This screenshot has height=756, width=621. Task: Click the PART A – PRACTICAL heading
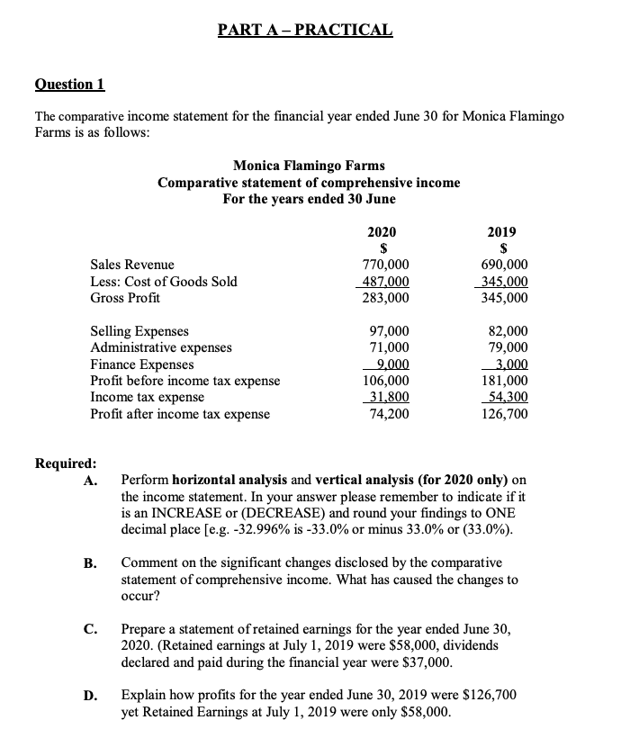(x=305, y=29)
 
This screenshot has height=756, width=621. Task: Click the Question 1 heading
(x=69, y=85)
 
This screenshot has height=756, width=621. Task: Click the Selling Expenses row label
(x=139, y=331)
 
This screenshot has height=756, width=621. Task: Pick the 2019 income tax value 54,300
(x=508, y=397)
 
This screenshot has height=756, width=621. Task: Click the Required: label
(x=65, y=463)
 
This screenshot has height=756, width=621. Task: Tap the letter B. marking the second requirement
(x=90, y=563)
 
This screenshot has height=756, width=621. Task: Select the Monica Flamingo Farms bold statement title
(x=309, y=166)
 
